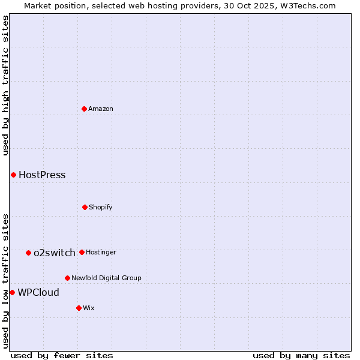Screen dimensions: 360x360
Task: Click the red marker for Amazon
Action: click(84, 109)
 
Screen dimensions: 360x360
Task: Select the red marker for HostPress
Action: click(13, 175)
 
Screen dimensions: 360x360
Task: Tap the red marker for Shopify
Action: click(85, 207)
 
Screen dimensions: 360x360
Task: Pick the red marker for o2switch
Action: click(28, 253)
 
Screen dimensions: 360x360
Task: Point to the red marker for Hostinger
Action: click(82, 252)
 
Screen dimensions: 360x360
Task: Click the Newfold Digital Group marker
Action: click(67, 278)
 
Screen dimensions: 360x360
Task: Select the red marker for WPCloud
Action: click(12, 292)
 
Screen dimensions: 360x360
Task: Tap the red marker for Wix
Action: click(79, 308)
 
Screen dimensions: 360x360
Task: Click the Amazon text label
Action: click(101, 109)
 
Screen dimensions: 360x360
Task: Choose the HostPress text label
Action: click(42, 175)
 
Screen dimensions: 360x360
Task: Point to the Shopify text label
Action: click(101, 207)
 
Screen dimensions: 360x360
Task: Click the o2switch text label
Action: click(55, 253)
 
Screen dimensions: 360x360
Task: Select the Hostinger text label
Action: click(101, 252)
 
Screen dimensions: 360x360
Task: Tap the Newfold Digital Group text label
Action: click(106, 278)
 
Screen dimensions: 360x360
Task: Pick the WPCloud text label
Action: click(38, 292)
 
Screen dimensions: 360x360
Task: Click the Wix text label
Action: click(89, 308)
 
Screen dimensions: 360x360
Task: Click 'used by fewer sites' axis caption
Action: click(62, 355)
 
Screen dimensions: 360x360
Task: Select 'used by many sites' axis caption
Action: click(301, 355)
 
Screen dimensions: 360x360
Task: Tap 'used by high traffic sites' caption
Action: click(5, 86)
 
